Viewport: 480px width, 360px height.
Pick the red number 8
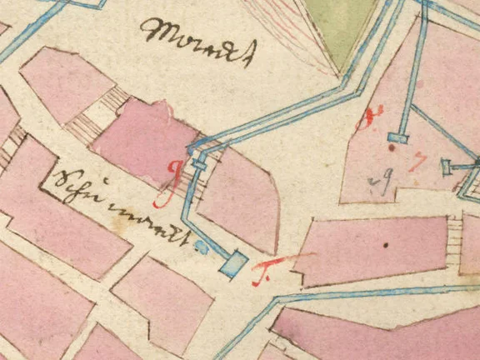tap(365, 122)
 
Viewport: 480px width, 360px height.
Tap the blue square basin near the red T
tap(235, 263)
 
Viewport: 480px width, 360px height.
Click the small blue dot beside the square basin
tap(200, 246)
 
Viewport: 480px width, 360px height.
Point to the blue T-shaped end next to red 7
tap(447, 167)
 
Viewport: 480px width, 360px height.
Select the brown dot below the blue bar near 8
tap(391, 149)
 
